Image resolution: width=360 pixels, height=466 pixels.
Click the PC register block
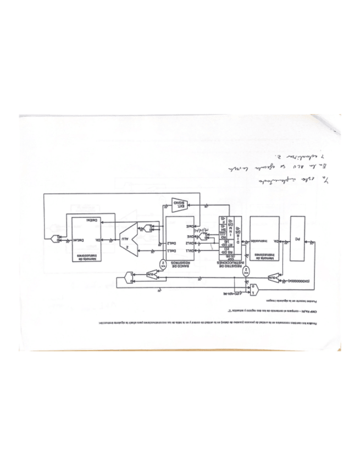[297, 240]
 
